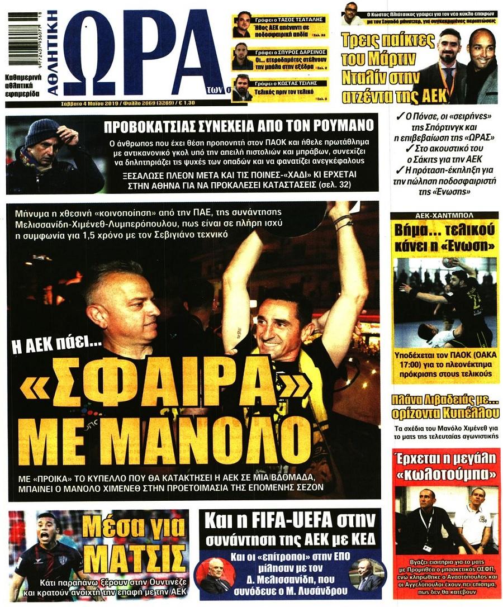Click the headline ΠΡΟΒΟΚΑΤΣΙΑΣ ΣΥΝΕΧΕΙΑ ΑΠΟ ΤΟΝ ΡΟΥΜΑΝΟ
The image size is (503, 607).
pyautogui.click(x=239, y=126)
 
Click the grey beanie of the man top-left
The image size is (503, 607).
pyautogui.click(x=42, y=131)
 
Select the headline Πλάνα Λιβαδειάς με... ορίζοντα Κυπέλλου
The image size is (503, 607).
pyautogui.click(x=445, y=407)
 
